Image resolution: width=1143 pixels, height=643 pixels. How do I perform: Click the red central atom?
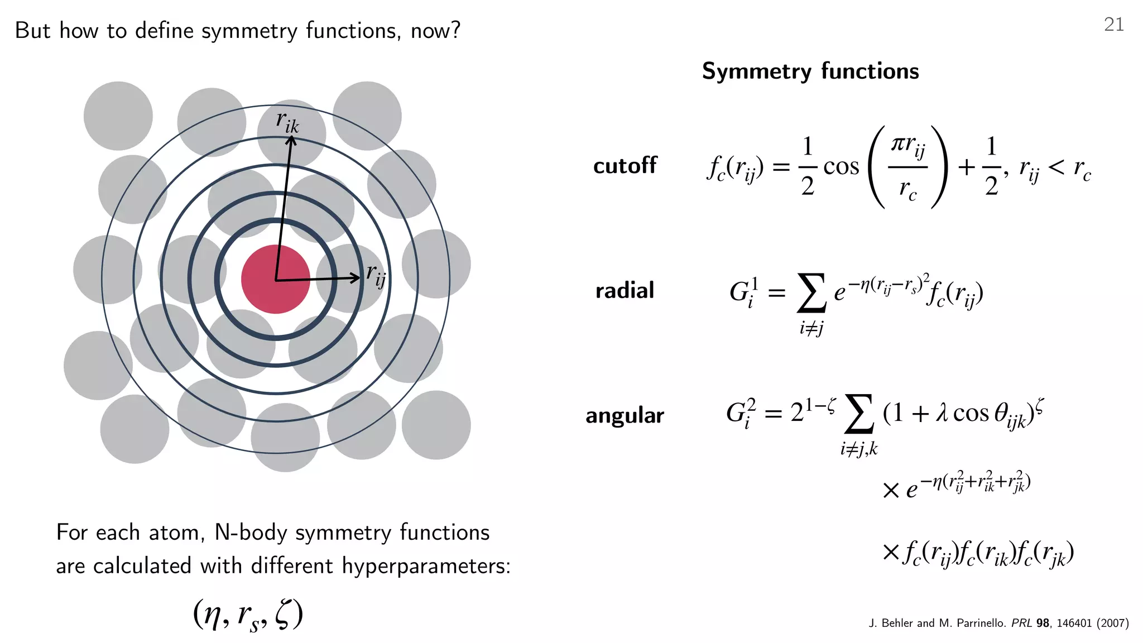[x=275, y=279]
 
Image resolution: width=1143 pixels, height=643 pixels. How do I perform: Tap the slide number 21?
[x=1113, y=25]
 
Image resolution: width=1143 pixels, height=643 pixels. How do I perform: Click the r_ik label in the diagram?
[x=287, y=122]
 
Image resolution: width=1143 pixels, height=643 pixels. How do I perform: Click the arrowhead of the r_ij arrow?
[x=355, y=277]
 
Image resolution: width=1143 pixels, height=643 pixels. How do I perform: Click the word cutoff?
[x=625, y=166]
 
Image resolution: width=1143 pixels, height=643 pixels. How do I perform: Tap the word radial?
[x=625, y=290]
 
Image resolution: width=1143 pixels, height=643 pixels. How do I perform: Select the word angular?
[x=625, y=415]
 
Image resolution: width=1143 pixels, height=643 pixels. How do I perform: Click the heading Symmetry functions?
[x=810, y=71]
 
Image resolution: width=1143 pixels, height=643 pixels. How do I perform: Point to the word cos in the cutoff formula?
[x=841, y=166]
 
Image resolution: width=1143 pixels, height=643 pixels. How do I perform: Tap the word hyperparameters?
[x=426, y=566]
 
